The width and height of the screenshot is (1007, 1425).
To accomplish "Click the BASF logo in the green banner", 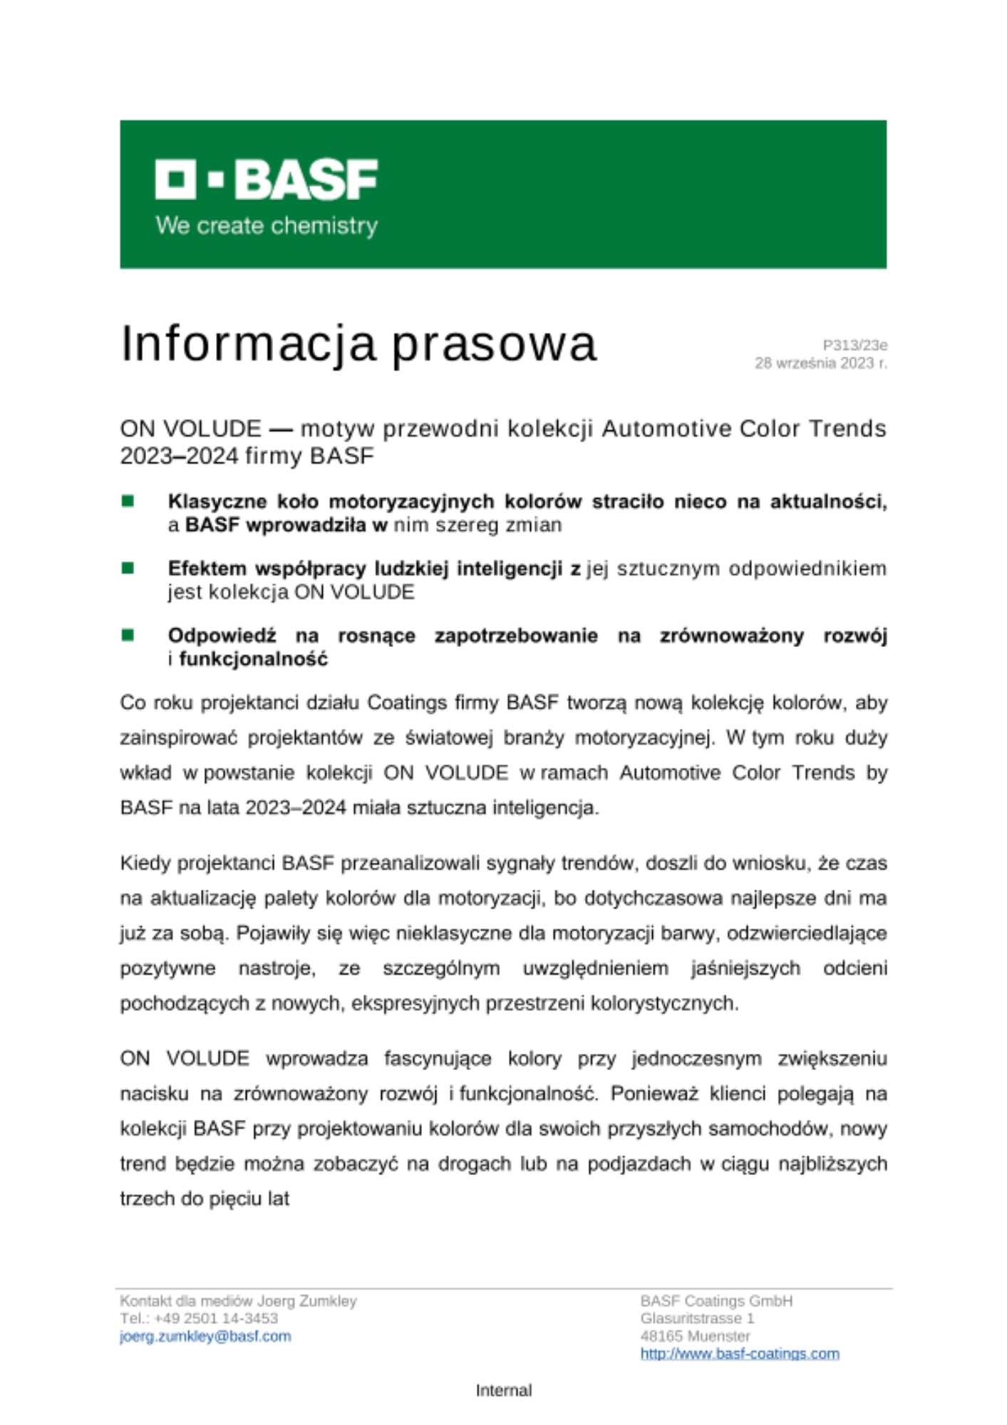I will point(266,179).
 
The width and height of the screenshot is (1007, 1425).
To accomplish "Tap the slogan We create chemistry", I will point(267,226).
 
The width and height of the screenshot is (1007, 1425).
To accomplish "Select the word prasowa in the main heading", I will point(494,344).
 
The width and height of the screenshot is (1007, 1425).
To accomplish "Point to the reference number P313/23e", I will point(854,346).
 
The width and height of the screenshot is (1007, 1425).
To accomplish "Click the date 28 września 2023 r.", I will point(821,363).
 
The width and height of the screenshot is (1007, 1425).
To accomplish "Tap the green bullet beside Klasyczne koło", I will point(128,502).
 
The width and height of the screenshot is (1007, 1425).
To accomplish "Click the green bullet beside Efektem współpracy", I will point(128,569).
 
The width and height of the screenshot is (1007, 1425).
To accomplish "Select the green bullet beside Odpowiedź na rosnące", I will point(128,635).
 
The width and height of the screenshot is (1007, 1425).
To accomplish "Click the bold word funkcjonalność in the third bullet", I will point(253,659).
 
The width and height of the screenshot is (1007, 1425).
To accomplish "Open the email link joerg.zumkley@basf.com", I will point(205,1337).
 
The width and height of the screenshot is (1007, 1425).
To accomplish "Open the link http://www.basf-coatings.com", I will point(739,1354).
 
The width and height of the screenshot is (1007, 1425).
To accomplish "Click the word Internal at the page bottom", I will point(503,1390).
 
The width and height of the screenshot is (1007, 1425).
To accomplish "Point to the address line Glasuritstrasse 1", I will point(696,1319).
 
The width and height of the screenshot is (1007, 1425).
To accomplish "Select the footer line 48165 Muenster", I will point(695,1337).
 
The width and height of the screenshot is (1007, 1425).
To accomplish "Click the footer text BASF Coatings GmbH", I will point(716,1301).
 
